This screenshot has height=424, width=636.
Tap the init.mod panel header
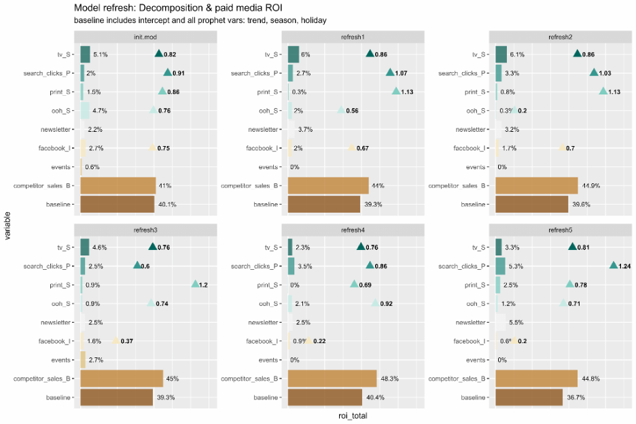149,37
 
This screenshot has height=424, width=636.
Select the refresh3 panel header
149,230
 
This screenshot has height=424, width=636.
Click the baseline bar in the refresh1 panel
324,204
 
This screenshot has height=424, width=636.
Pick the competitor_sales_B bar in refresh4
332,378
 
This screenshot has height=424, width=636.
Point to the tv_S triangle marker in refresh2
578,54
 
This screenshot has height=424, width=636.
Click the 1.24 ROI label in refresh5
625,266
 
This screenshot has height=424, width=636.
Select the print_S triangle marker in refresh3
195,284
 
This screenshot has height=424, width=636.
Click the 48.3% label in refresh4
388,378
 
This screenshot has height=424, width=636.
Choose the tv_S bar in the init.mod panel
85,54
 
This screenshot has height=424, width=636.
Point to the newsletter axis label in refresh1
262,129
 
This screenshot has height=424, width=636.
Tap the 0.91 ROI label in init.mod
179,73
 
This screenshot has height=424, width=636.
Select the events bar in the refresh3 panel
83,359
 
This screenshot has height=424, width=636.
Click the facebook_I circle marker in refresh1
352,148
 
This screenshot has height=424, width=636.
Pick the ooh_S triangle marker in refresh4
376,303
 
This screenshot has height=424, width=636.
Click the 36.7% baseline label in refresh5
576,397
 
